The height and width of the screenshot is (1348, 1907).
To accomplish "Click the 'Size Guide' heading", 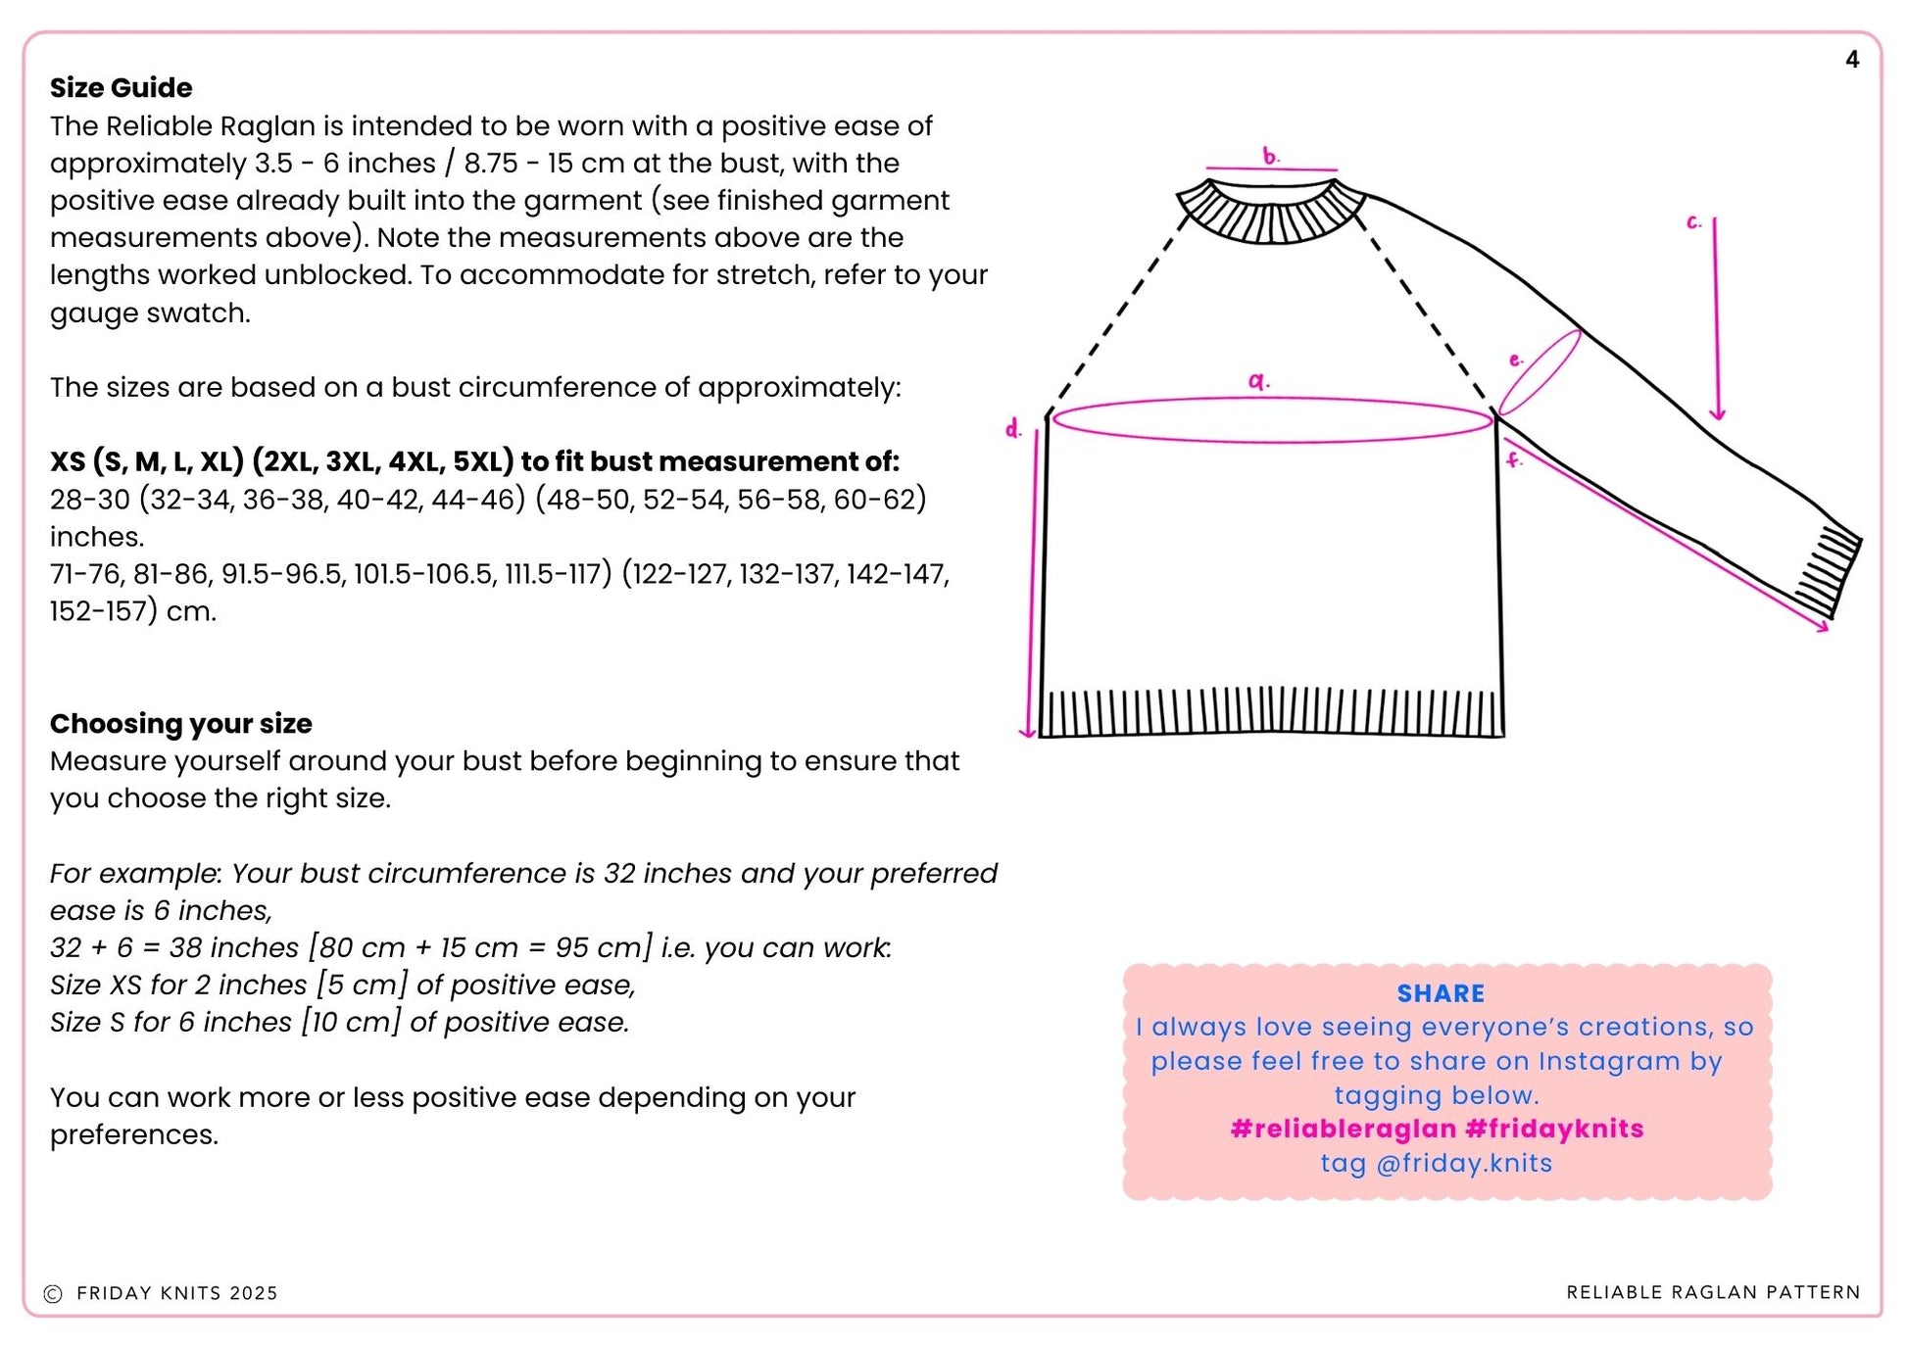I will coord(121,88).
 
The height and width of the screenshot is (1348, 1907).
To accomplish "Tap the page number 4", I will coord(1851,60).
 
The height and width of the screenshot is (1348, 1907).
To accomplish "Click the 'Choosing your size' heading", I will coord(180,724).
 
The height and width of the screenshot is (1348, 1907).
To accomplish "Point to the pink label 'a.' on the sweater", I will coord(1258,381).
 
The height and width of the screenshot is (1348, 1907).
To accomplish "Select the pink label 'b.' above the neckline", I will coord(1270,156).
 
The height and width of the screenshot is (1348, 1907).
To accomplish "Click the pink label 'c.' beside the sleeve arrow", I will coord(1693,223).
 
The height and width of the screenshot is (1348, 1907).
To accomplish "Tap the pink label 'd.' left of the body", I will coord(1013,429).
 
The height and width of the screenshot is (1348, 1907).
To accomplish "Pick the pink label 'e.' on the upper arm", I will coord(1516,361).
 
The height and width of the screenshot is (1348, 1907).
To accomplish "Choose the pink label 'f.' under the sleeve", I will coord(1514,459).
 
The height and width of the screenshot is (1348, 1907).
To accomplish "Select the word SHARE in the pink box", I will coord(1440,993).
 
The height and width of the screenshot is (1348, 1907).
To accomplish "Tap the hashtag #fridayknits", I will coord(1554,1130).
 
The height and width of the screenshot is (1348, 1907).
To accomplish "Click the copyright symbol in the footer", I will coord(53,1294).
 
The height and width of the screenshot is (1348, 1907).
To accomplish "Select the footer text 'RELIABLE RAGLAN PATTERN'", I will coord(1713,1293).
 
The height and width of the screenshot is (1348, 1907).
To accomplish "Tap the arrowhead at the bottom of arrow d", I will coord(1027,732).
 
